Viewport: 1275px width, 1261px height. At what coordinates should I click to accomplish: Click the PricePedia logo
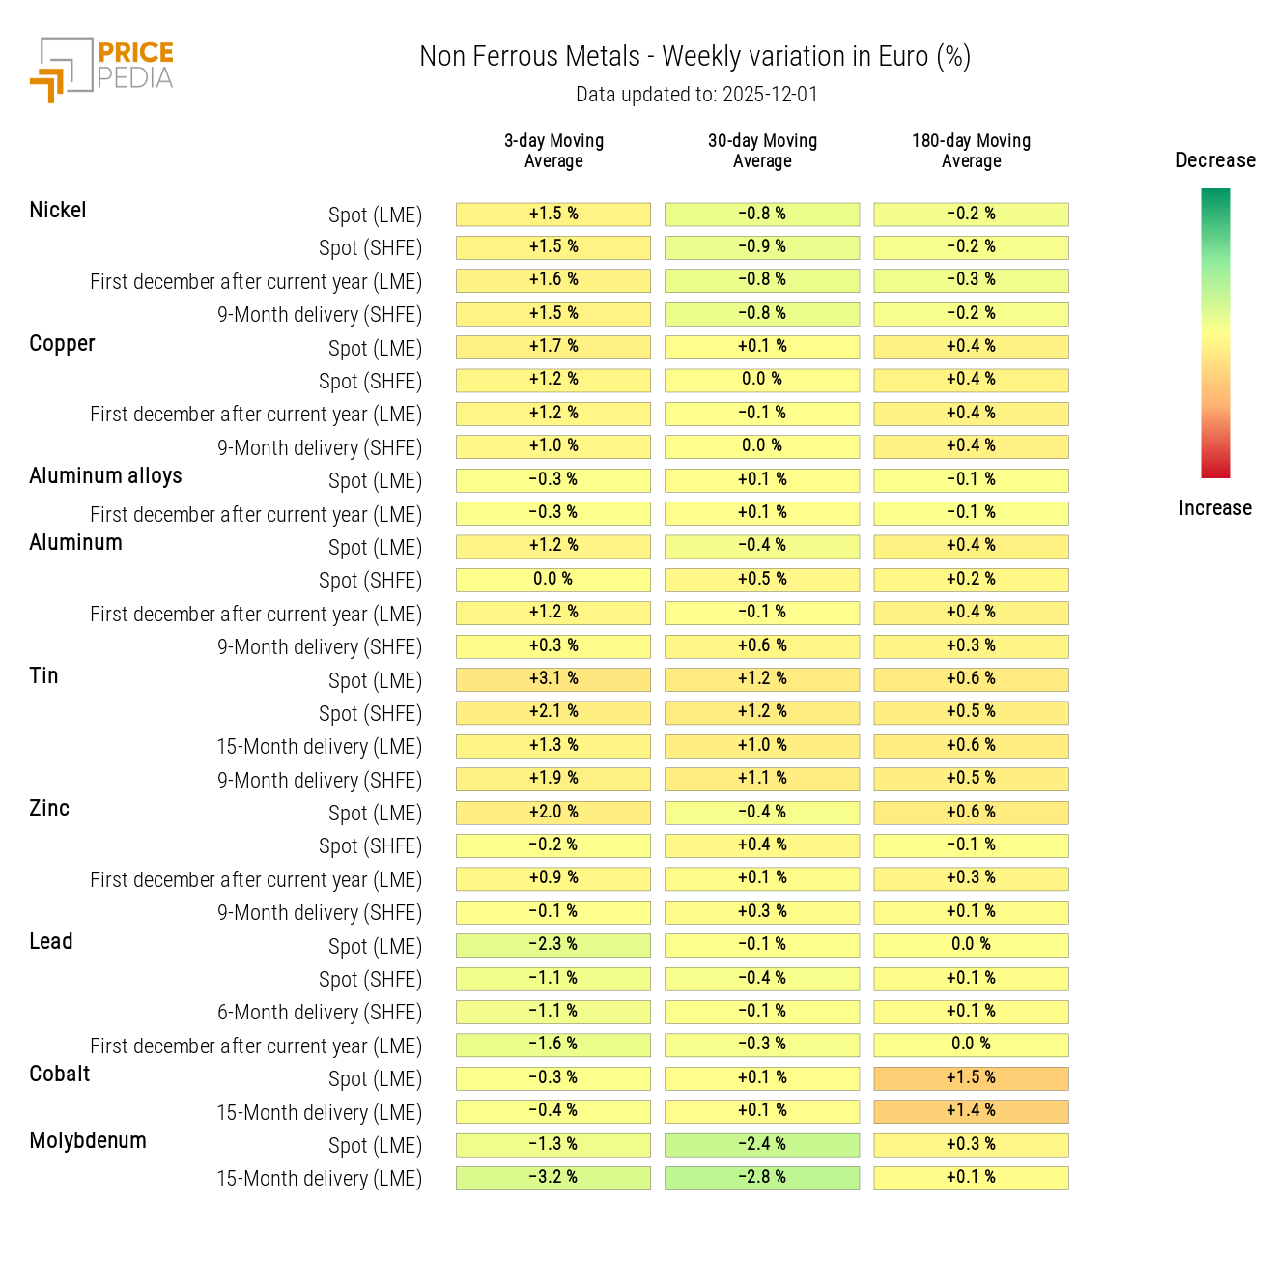coord(101,70)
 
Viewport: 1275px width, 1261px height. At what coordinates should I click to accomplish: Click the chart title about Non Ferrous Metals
coord(694,57)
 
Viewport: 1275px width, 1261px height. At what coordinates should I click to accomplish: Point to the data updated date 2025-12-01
coord(696,95)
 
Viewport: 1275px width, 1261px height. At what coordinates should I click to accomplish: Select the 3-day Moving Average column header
coord(553,151)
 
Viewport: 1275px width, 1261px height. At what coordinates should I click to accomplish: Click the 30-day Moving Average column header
coord(762,151)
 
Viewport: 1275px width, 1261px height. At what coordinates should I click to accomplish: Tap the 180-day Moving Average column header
coord(971,151)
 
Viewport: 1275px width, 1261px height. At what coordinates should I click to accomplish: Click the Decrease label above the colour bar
coord(1215,160)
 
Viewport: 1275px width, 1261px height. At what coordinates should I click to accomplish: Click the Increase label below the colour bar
coord(1214,508)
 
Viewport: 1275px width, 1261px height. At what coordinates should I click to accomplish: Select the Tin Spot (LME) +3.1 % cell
coord(553,679)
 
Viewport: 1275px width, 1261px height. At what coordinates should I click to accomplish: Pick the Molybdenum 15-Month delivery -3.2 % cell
coord(553,1178)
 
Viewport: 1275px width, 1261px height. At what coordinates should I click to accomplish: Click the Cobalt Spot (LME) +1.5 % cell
coord(971,1078)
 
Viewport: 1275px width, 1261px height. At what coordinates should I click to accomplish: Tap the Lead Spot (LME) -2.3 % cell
coord(553,945)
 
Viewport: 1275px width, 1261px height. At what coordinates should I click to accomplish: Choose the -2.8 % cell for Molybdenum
coord(762,1178)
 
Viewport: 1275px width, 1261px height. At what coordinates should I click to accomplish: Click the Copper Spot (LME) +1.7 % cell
coord(553,347)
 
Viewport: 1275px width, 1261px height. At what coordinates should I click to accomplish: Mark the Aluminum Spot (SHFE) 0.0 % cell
coord(553,580)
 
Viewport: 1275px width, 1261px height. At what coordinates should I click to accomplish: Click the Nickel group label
coord(58,211)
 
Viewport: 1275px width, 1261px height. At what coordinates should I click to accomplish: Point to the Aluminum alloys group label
coord(105,476)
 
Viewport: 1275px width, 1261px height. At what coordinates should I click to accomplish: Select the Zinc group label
coord(49,809)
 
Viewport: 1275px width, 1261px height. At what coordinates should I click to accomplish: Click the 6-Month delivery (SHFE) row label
coord(319,1013)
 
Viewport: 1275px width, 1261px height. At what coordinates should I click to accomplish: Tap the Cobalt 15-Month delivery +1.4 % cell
coord(971,1111)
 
